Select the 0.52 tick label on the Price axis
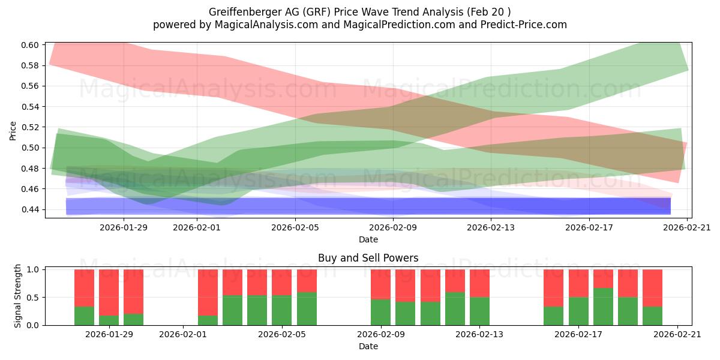(x=31, y=127)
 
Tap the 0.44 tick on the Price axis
(x=31, y=209)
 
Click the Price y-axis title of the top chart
(x=13, y=130)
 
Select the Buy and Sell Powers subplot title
(x=368, y=258)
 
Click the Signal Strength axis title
(x=18, y=296)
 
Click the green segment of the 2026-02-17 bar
(x=578, y=311)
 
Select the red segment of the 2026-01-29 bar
(x=109, y=292)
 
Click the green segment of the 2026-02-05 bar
(x=282, y=310)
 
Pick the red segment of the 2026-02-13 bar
(x=479, y=283)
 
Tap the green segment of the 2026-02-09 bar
(x=380, y=312)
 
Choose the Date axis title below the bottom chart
(x=368, y=346)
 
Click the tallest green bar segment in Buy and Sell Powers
(x=603, y=307)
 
